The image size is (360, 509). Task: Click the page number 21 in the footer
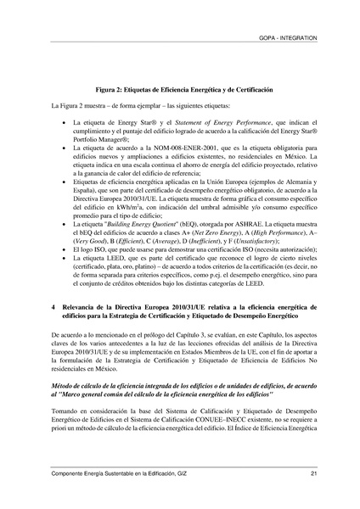313,473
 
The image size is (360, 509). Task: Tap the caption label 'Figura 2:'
110,88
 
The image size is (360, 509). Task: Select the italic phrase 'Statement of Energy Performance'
213,125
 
